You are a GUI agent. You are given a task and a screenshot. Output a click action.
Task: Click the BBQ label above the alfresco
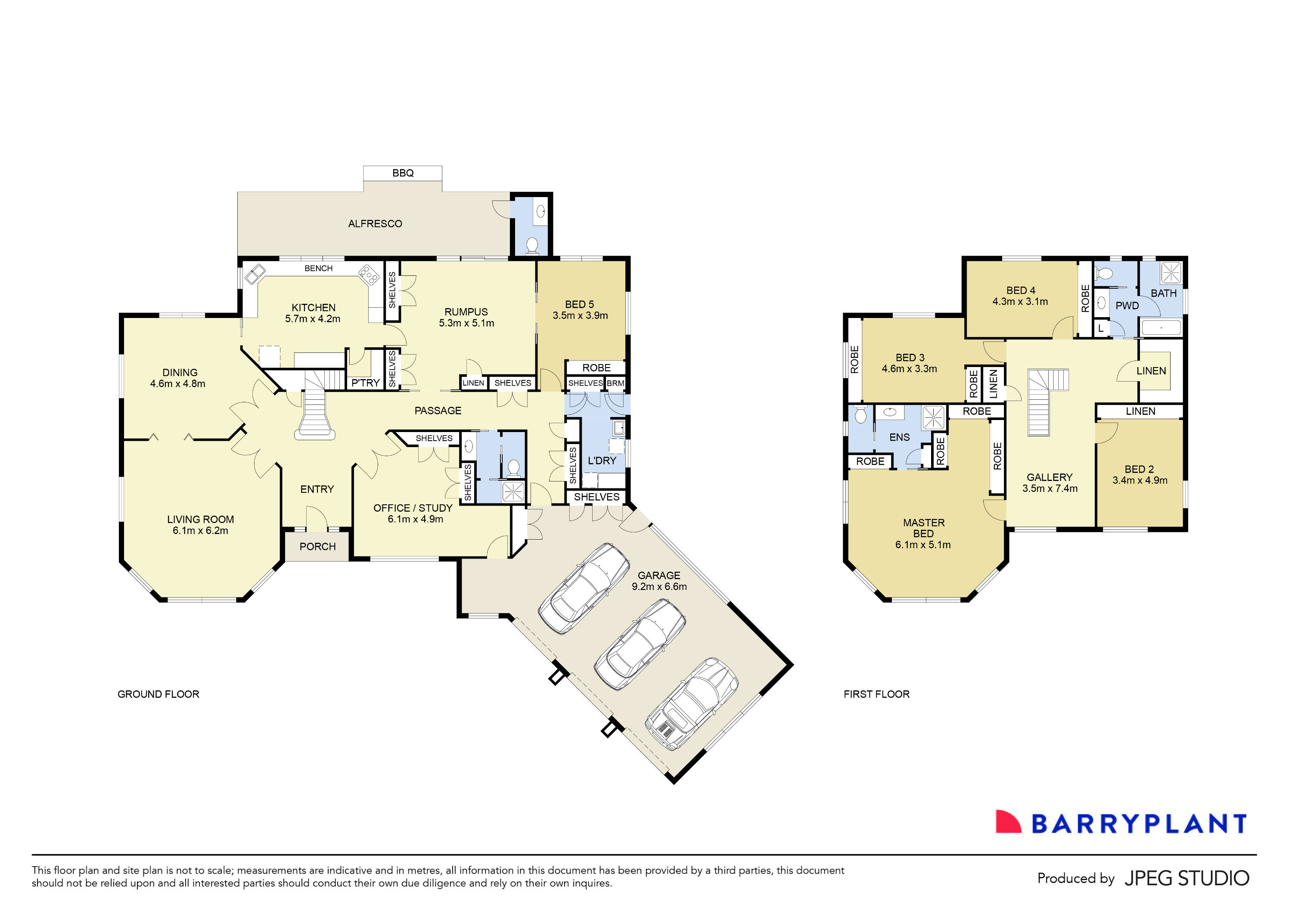(x=403, y=173)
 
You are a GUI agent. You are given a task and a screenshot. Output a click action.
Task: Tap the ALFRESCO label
(x=375, y=224)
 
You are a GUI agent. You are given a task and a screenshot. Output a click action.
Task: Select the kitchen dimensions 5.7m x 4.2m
(x=312, y=319)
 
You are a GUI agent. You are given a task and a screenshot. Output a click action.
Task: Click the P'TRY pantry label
(x=365, y=383)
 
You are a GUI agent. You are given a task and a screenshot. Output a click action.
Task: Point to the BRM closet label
(x=615, y=383)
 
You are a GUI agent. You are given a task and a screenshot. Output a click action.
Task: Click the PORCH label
(x=317, y=547)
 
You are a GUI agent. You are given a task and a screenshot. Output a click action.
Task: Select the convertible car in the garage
(x=692, y=704)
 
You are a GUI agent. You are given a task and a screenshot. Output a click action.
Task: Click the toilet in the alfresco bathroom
(x=532, y=245)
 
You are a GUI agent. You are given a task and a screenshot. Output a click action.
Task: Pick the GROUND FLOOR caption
(x=158, y=695)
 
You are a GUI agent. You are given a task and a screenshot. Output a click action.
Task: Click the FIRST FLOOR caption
(x=876, y=695)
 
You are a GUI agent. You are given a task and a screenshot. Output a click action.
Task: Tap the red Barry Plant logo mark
(x=1007, y=822)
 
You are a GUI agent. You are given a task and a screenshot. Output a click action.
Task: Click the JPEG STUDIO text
(x=1186, y=878)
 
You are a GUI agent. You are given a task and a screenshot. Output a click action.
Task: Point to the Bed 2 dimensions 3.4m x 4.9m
(x=1140, y=480)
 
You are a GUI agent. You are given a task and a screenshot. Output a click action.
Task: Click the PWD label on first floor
(x=1127, y=306)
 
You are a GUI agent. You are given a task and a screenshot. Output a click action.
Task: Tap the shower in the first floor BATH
(x=1171, y=273)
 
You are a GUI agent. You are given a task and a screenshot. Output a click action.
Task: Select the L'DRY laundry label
(x=602, y=460)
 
